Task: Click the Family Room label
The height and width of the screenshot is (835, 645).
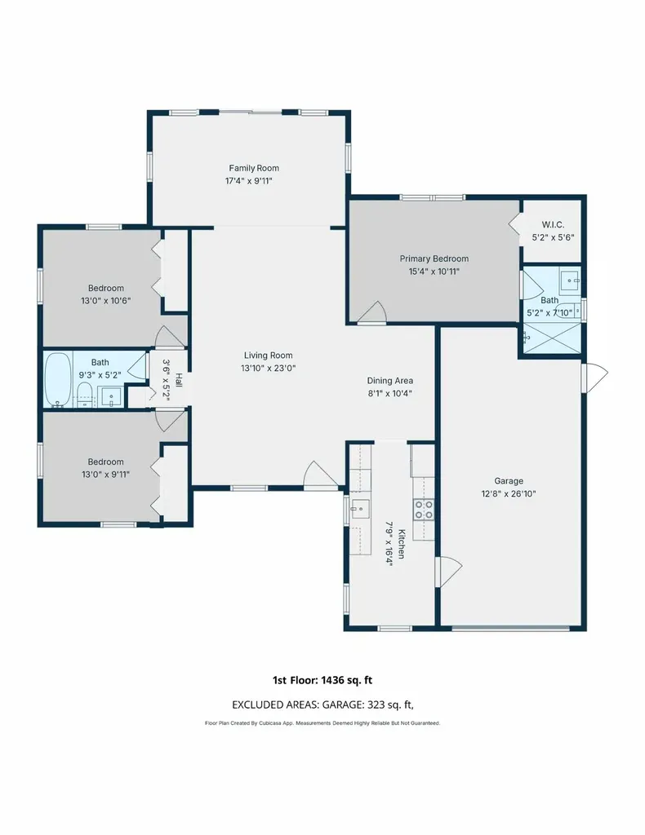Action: tap(254, 168)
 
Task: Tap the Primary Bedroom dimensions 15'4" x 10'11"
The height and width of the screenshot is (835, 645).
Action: tap(434, 272)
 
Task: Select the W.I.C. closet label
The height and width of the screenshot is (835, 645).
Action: tap(553, 225)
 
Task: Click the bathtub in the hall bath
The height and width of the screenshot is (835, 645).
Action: tap(58, 380)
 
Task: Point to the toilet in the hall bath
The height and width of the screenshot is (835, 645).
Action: tap(85, 395)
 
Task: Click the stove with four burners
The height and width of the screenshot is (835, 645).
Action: tap(424, 509)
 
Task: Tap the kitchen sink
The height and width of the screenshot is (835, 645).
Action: tap(360, 509)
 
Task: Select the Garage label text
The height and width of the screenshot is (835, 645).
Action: tap(509, 481)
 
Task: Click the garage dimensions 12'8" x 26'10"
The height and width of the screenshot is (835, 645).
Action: tap(509, 493)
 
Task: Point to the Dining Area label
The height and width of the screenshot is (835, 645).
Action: tap(389, 381)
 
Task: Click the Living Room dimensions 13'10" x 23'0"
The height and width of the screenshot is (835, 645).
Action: tap(268, 368)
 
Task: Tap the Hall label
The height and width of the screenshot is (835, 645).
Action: tap(179, 380)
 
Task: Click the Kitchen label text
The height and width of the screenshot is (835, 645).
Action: tap(402, 544)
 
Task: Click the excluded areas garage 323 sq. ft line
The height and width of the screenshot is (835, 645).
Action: tap(322, 705)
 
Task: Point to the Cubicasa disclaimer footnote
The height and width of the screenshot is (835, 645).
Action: tap(322, 723)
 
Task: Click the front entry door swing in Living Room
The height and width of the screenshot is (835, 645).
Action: tap(320, 475)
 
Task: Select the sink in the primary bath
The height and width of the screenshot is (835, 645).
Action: tap(570, 279)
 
